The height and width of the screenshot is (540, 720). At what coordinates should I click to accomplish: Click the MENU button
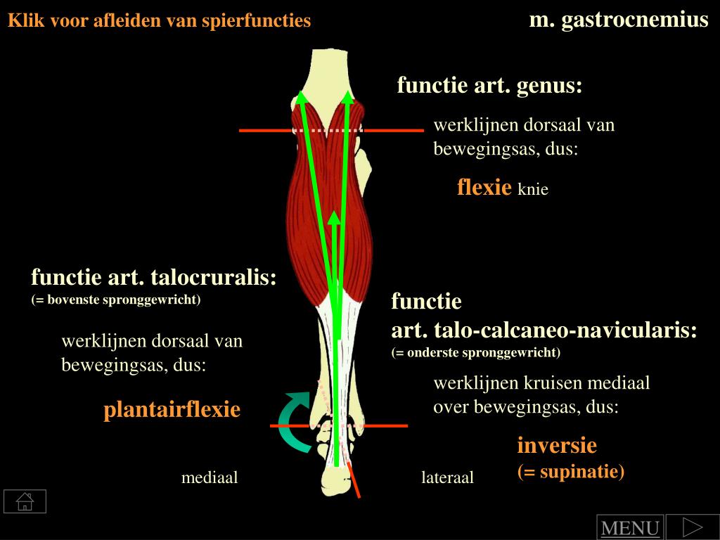click(629, 528)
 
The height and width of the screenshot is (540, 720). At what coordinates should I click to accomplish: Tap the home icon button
click(25, 501)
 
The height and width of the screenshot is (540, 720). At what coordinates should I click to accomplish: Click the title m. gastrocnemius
click(619, 20)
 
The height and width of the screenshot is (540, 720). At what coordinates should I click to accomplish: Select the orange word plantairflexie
click(172, 409)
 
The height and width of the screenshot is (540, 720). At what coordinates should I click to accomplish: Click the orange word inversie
click(557, 445)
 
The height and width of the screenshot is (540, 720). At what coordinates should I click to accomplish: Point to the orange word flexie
click(484, 187)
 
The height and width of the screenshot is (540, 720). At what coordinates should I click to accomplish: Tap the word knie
click(533, 189)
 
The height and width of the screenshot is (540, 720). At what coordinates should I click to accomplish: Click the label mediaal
click(210, 478)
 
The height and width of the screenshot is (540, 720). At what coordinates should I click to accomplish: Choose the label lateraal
click(448, 478)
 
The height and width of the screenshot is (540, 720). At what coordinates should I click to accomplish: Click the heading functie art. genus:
click(490, 86)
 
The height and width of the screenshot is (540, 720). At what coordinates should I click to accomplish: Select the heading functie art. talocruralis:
click(154, 277)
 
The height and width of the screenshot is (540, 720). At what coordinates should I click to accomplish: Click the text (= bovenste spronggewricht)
click(116, 300)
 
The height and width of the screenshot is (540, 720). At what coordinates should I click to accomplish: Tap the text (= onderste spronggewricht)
click(476, 352)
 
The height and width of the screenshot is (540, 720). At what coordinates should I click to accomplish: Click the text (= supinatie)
click(571, 470)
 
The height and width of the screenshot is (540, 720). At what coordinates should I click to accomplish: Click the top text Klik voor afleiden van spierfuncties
click(160, 21)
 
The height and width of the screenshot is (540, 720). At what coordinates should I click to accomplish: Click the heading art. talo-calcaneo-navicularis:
click(544, 330)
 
